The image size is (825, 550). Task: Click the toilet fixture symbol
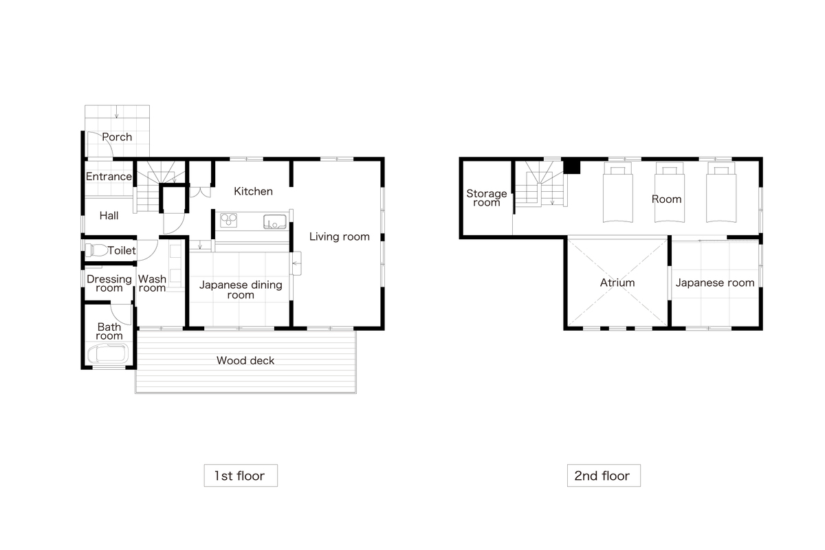click(x=96, y=250)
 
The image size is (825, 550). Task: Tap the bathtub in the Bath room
click(x=108, y=353)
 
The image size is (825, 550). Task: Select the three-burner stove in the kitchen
click(x=228, y=220)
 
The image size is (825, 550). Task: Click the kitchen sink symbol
click(x=275, y=222)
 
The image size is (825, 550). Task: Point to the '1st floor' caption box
click(x=241, y=476)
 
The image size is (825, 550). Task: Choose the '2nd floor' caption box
click(x=604, y=476)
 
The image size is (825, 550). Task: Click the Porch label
click(x=117, y=137)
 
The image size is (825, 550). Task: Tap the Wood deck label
click(x=245, y=360)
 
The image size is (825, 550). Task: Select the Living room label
click(x=339, y=236)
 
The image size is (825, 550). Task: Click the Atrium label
click(x=617, y=283)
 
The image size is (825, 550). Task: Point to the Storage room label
click(x=487, y=198)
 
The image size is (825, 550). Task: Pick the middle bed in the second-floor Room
click(x=669, y=192)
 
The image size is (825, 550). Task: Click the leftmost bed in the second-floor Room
click(x=617, y=192)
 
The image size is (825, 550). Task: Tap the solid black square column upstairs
click(x=572, y=166)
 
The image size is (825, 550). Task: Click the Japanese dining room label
click(x=241, y=289)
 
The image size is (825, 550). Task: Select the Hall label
click(x=109, y=215)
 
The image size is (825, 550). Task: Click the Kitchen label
click(x=254, y=191)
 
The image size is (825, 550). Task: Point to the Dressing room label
click(x=109, y=283)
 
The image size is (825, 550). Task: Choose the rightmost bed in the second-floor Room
click(x=721, y=192)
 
